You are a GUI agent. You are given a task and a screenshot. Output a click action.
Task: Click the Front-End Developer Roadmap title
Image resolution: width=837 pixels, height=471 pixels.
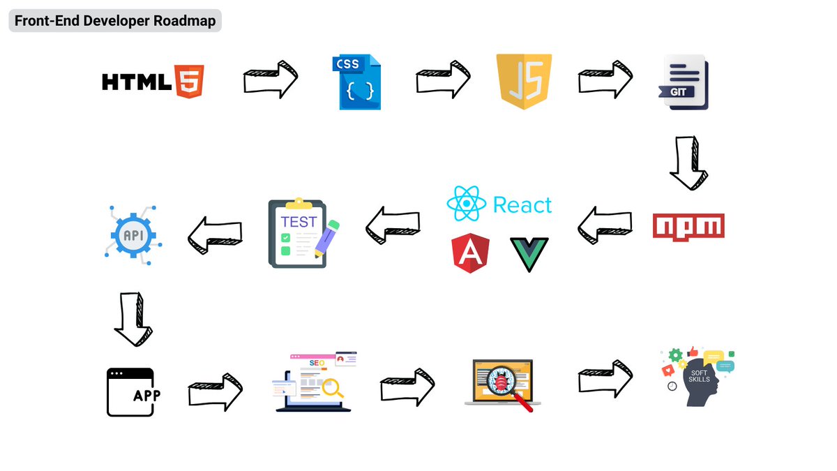click(x=114, y=21)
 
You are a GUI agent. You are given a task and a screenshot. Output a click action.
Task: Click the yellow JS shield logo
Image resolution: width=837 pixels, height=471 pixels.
click(x=524, y=82)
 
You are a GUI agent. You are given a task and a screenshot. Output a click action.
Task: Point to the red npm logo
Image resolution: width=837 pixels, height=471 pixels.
click(x=688, y=226)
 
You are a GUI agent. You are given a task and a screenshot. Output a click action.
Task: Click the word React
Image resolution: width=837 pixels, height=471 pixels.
click(x=522, y=205)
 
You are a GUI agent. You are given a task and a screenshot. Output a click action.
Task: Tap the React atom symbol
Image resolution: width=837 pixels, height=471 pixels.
click(x=465, y=204)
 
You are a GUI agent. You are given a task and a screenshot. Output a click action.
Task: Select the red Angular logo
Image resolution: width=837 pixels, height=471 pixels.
click(x=470, y=253)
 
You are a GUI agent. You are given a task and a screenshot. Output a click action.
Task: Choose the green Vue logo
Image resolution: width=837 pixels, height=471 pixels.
click(x=529, y=253)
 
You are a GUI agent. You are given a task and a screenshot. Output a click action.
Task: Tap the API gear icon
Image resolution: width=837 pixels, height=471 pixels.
click(x=133, y=236)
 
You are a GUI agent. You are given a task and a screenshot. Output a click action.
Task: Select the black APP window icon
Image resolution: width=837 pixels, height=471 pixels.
click(x=130, y=392)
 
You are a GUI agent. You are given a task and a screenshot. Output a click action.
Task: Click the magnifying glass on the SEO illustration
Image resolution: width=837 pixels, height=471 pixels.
click(x=330, y=388)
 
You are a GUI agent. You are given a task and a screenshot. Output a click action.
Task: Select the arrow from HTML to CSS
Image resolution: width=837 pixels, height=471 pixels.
click(x=271, y=79)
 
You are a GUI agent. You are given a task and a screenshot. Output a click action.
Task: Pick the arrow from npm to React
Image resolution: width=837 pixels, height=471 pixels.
click(x=605, y=225)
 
